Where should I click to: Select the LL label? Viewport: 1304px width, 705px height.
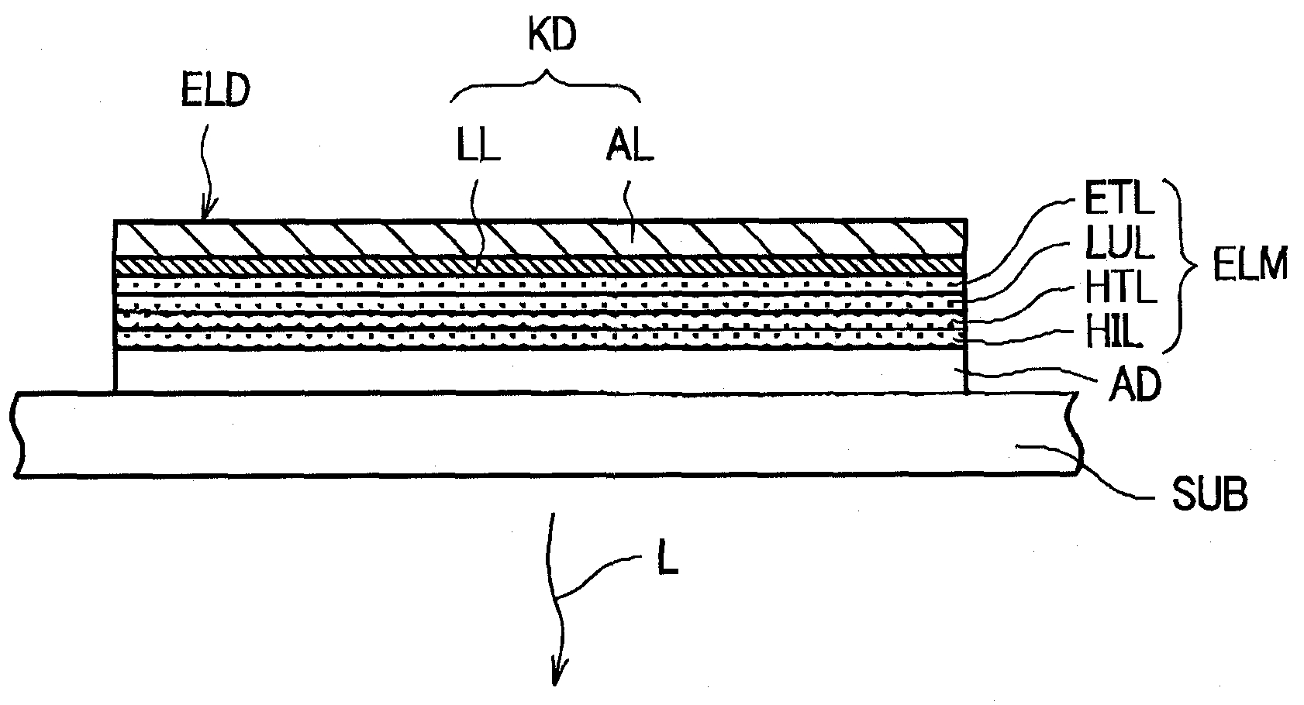pyautogui.click(x=474, y=146)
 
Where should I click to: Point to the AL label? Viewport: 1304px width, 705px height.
pyautogui.click(x=630, y=146)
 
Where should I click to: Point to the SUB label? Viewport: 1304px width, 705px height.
pyautogui.click(x=1209, y=493)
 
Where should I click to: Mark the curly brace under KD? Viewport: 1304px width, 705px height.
pyautogui.click(x=547, y=88)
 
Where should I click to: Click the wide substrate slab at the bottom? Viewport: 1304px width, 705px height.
pyautogui.click(x=543, y=433)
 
